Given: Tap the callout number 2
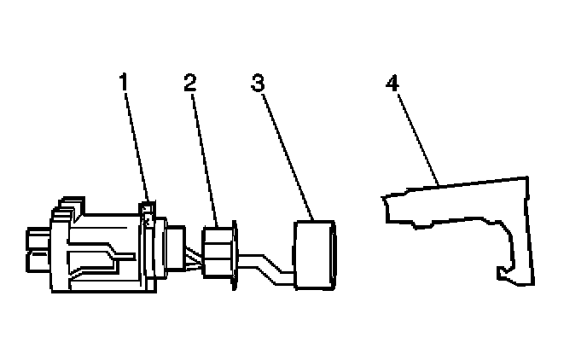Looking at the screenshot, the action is point(190,84).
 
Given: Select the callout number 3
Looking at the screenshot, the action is point(258,84).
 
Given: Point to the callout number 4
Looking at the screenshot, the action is point(392,84).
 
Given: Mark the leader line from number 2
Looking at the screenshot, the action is point(204,154).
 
